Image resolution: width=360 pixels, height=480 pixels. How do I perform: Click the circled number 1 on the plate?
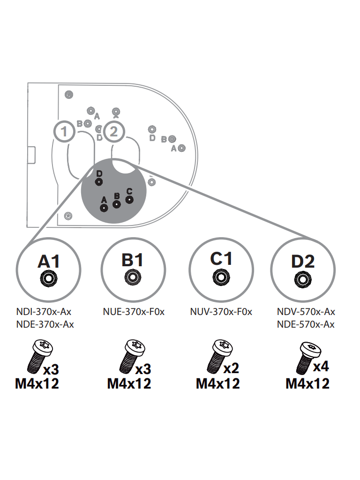[64, 132]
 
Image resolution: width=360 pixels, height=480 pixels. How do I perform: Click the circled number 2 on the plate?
[114, 132]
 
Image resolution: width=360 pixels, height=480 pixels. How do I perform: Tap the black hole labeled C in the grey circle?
[129, 200]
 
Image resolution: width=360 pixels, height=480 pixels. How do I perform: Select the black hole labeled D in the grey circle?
[98, 182]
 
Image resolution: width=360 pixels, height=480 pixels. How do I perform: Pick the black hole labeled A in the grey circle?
[104, 208]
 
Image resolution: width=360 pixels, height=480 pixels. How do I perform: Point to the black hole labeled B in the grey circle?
[117, 204]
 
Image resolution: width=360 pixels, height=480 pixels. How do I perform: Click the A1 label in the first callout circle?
[49, 262]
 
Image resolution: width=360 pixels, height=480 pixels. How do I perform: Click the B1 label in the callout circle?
[133, 260]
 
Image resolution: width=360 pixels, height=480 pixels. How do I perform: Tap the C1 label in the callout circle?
[221, 259]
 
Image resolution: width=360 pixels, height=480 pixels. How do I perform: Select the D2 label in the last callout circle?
[303, 262]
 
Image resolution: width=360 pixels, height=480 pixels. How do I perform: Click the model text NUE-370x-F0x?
[134, 312]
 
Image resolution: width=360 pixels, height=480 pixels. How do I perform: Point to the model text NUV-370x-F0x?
[221, 312]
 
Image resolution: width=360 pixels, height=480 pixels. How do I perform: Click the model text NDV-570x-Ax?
[306, 312]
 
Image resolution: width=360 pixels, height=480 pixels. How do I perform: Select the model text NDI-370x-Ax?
[44, 312]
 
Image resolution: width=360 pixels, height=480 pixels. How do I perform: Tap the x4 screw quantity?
[321, 367]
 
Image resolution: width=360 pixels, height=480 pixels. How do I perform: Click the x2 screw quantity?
[231, 368]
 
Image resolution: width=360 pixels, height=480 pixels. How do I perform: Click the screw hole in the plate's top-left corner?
[69, 95]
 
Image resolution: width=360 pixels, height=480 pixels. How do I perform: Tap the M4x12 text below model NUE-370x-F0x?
[129, 384]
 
